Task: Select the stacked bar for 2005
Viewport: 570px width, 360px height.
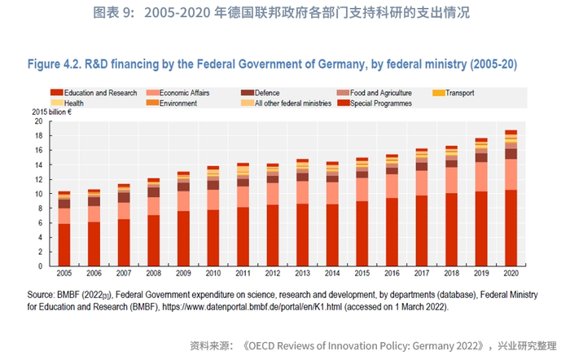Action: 64,229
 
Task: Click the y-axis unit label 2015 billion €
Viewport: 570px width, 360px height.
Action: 52,112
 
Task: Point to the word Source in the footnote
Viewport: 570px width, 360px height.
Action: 41,296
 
